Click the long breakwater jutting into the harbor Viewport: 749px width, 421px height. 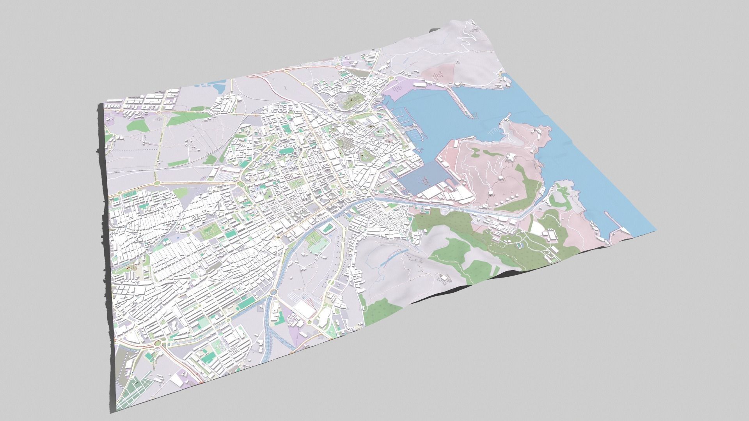tap(460, 102)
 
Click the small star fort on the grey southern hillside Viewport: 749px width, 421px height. tap(443, 278)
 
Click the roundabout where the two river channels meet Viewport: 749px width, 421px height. tap(273, 292)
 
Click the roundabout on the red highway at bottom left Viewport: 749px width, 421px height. tap(157, 343)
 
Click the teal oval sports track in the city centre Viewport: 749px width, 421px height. tap(288, 150)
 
